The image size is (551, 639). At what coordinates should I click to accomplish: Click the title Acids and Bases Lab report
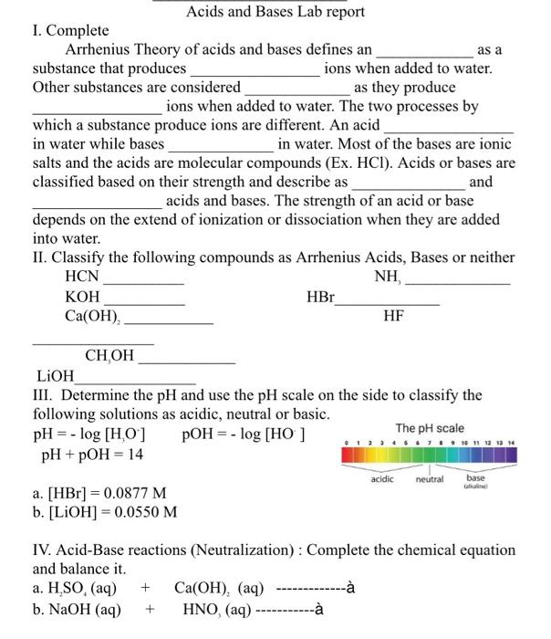pos(275,12)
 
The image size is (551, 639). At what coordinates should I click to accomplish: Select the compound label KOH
pos(82,298)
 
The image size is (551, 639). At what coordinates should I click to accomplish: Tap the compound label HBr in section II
pos(320,298)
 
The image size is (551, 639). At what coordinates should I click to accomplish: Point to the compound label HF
pos(394,316)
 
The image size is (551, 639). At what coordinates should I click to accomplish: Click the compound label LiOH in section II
pos(56,375)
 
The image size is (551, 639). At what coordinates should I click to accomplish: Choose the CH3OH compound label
pos(109,356)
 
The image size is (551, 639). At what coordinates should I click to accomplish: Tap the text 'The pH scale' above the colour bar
pos(430,428)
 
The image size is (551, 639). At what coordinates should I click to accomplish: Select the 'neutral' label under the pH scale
pos(429,478)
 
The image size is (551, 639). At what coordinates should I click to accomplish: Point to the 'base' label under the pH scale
pos(476,477)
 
